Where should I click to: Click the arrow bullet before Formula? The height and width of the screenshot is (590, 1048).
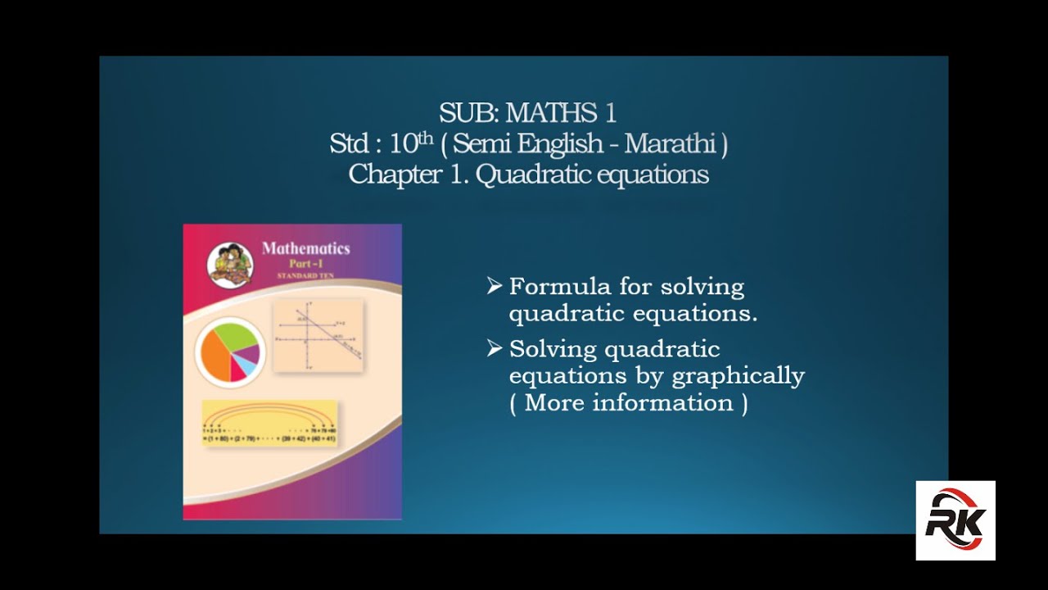[494, 286]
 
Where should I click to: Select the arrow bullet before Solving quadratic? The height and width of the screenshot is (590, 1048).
[494, 348]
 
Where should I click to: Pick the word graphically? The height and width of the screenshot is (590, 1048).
[738, 376]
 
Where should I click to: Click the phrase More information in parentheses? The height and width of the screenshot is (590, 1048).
[629, 403]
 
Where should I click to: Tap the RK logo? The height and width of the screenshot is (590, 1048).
[955, 520]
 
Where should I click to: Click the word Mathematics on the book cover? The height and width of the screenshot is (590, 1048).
[305, 248]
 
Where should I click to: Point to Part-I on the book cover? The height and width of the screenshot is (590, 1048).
[305, 265]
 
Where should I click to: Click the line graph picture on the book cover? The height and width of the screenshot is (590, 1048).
[317, 336]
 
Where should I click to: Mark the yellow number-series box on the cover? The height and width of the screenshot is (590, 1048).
[269, 423]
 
